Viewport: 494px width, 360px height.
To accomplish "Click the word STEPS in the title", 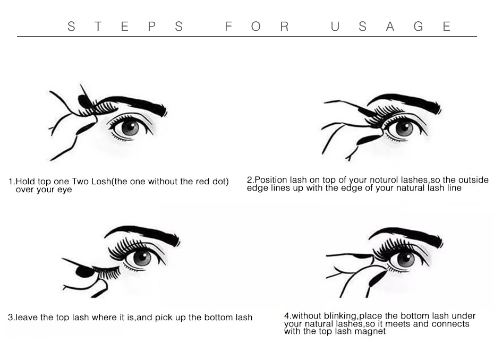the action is pos(125,27).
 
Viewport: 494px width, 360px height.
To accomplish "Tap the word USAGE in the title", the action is pos(390,27).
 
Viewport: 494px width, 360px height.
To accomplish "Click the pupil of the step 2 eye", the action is pos(404,128).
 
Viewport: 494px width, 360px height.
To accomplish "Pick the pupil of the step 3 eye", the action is pos(142,258).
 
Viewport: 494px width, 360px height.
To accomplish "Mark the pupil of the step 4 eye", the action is pos(406,259).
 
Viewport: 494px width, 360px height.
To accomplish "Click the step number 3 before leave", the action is pos(11,317).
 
